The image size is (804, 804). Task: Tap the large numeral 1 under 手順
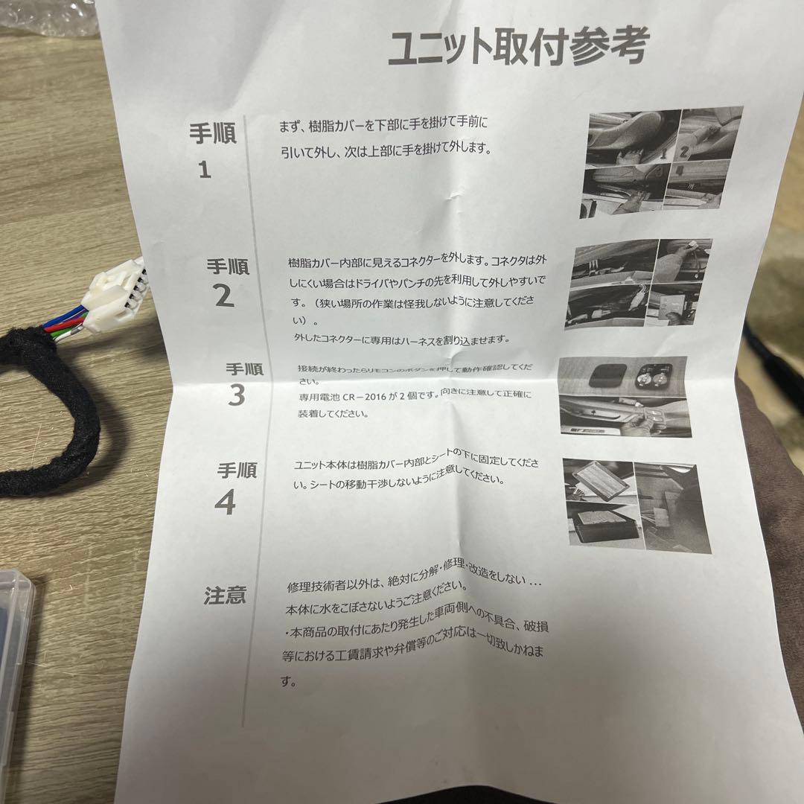[x=205, y=170]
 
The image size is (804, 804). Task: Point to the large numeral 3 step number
[x=236, y=396]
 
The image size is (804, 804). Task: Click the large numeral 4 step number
[x=225, y=504]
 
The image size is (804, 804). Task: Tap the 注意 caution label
[x=225, y=596]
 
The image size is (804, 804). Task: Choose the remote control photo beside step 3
[x=625, y=396]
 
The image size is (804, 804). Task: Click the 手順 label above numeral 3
[x=244, y=369]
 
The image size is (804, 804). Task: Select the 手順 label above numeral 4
[x=237, y=470]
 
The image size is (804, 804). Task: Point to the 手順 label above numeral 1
[x=212, y=134]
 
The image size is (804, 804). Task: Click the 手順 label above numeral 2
[x=228, y=266]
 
